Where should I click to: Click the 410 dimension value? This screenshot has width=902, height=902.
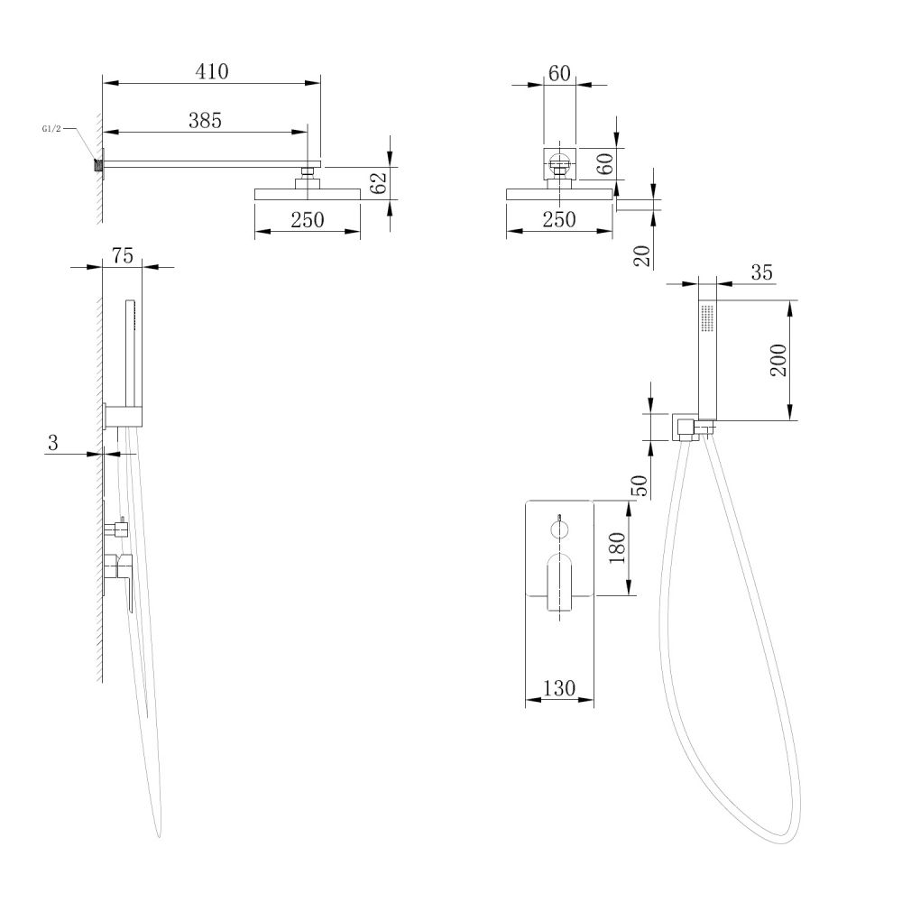212,71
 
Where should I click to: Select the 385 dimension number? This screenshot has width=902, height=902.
205,120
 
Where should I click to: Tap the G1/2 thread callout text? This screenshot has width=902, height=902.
51,129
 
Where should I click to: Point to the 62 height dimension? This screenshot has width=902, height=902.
378,183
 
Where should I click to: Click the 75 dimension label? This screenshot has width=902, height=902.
122,255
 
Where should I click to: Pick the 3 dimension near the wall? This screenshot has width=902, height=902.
53,443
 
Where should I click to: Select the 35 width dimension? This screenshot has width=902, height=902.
761,272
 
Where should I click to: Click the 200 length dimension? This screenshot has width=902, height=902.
778,360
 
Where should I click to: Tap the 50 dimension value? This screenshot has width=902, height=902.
640,485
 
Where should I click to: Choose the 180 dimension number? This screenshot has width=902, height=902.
617,548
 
